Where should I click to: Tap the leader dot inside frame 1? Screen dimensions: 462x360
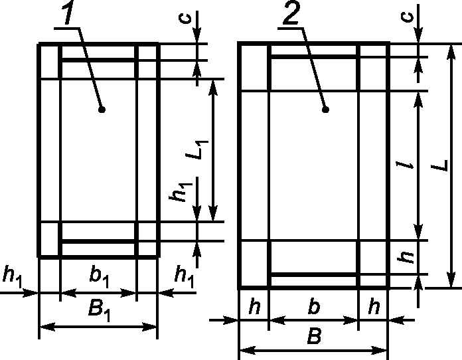[x=101, y=108]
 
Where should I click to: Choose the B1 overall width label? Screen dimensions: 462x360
[x=98, y=311]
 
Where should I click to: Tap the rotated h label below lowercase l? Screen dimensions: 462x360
[x=410, y=257]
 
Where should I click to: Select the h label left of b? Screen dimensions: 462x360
[x=253, y=306]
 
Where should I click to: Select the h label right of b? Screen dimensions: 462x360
[x=374, y=306]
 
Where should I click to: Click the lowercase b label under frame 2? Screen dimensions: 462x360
[x=314, y=306]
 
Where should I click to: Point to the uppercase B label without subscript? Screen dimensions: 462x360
[x=313, y=337]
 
